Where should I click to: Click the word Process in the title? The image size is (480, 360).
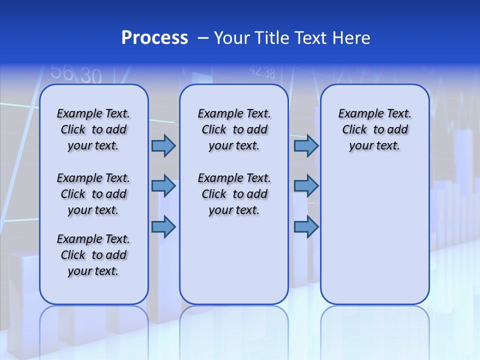point(154,38)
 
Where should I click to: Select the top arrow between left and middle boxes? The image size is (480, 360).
point(163,145)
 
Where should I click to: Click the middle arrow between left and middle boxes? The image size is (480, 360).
point(163,186)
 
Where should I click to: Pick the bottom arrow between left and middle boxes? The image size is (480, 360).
point(163,227)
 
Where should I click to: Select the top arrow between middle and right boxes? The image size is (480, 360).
point(306,145)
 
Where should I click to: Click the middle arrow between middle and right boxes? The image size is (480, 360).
point(306,186)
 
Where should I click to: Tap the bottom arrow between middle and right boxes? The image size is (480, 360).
point(306,227)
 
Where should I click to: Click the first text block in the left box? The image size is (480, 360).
point(93,129)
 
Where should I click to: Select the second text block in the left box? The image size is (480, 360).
point(93,194)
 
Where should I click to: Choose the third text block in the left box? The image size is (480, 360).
point(93,255)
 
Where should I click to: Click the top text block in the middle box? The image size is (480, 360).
point(234,129)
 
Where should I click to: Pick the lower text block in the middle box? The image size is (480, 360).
point(234,194)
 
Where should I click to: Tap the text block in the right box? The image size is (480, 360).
point(374,129)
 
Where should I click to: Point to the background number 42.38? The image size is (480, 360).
point(262,72)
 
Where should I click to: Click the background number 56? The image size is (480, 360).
point(62,72)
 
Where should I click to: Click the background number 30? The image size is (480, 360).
point(91,76)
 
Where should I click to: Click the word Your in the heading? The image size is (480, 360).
point(232,38)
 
